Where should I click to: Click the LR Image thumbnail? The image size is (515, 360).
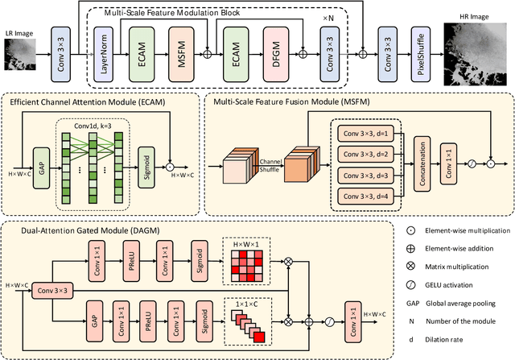click(x=23, y=51)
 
